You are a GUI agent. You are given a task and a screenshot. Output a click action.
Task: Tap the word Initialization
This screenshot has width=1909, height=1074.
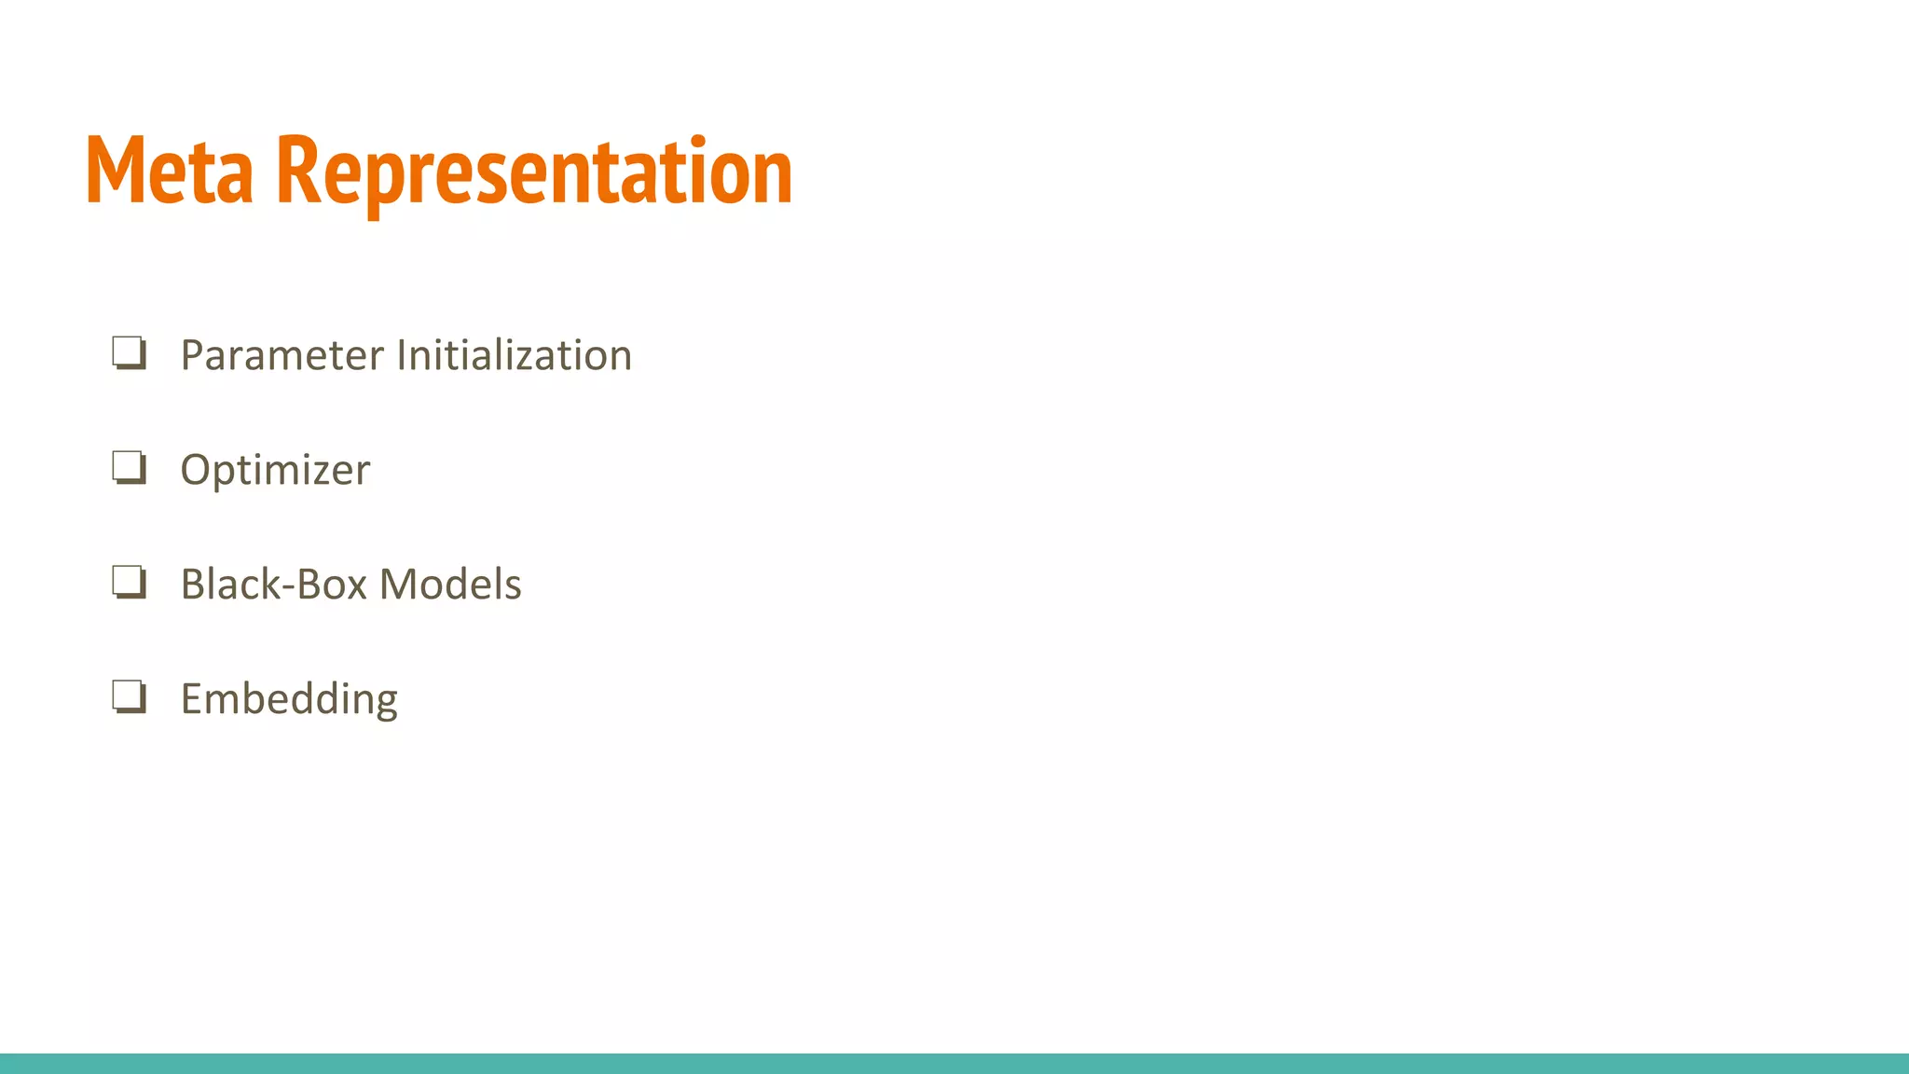tap(515, 355)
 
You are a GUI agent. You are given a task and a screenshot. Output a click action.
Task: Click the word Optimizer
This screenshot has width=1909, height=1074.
tap(275, 470)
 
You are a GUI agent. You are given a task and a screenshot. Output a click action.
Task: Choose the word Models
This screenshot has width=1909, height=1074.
tap(450, 585)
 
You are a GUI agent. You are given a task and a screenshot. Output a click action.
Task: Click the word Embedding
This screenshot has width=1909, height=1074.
tap(289, 699)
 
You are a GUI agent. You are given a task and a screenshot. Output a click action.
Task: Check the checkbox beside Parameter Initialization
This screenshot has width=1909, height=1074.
tap(129, 353)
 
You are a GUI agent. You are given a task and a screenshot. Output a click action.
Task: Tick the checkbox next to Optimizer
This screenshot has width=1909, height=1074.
tap(129, 468)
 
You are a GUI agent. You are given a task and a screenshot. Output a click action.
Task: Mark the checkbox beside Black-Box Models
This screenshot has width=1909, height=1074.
tap(129, 583)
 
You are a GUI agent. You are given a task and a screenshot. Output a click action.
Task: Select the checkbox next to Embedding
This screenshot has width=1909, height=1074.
tap(129, 697)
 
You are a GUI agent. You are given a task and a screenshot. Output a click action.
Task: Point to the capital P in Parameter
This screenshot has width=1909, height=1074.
tap(193, 355)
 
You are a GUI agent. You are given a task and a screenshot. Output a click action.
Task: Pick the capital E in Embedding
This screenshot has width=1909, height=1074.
tap(192, 699)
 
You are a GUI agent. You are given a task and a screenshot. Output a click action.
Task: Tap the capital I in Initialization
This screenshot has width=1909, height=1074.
tap(402, 355)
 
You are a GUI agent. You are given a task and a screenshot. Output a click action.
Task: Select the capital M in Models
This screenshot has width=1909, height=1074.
tap(399, 585)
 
